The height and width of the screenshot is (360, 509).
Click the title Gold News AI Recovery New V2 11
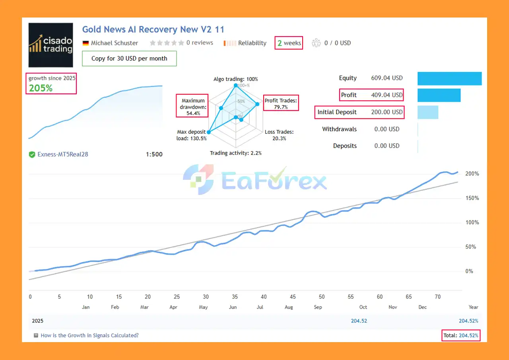click(153, 29)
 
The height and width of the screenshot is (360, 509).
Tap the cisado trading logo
click(51, 45)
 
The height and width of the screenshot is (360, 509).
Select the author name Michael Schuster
click(114, 43)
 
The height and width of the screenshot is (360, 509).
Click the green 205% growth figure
click(41, 88)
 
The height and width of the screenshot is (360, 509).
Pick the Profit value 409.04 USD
click(381, 95)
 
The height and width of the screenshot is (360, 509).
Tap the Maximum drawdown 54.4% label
click(193, 107)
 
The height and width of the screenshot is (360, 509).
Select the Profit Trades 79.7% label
click(281, 104)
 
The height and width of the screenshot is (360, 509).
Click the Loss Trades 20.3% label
click(279, 135)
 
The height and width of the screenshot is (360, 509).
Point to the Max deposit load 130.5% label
click(192, 135)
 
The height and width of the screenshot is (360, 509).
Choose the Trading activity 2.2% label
click(236, 153)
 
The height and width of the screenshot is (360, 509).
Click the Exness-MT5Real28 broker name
click(63, 154)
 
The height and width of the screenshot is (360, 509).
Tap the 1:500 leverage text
click(154, 154)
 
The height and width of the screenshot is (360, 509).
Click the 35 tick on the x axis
click(235, 297)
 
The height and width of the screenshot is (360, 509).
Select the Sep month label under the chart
click(318, 307)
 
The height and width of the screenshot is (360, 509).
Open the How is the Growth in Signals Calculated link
click(89, 335)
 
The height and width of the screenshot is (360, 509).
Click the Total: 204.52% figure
click(461, 335)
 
